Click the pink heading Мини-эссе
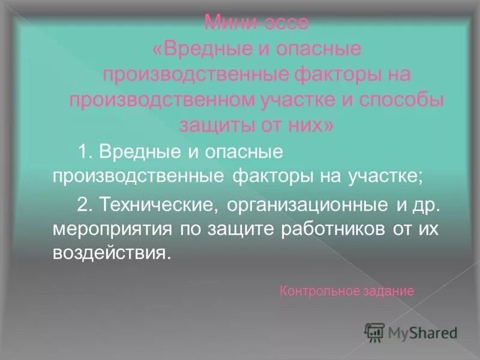click(256, 23)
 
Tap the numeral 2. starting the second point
click(84, 205)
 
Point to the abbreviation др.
click(427, 205)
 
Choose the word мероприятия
click(107, 229)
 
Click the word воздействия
click(108, 253)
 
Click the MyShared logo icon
click(374, 332)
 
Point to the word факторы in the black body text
click(267, 177)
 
